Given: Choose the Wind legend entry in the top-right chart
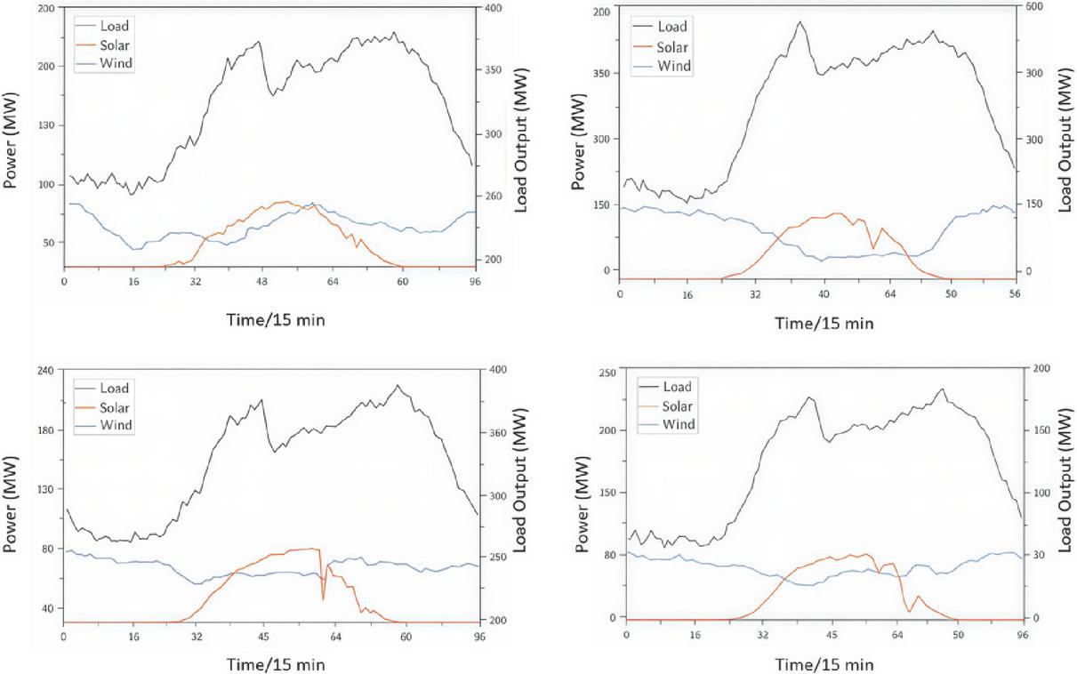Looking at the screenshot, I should click(674, 67).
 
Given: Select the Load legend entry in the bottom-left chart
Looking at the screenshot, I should click(114, 388).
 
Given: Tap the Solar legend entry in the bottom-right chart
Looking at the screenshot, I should click(678, 406).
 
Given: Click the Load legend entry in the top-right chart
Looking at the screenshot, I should click(672, 27).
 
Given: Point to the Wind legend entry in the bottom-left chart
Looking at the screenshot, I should click(116, 425).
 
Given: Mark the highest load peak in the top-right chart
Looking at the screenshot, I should click(800, 22).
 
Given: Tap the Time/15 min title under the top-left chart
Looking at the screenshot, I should click(276, 319).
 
